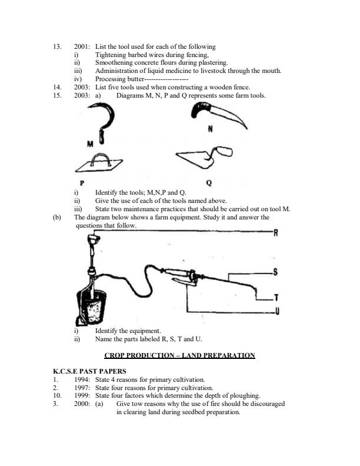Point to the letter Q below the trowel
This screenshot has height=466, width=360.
(x=208, y=182)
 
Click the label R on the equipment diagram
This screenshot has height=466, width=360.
(x=275, y=234)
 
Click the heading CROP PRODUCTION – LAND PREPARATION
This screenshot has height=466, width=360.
(x=179, y=355)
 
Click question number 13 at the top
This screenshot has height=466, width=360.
(x=57, y=46)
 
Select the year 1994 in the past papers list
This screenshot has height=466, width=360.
(x=83, y=380)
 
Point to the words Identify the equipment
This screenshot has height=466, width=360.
(x=128, y=331)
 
